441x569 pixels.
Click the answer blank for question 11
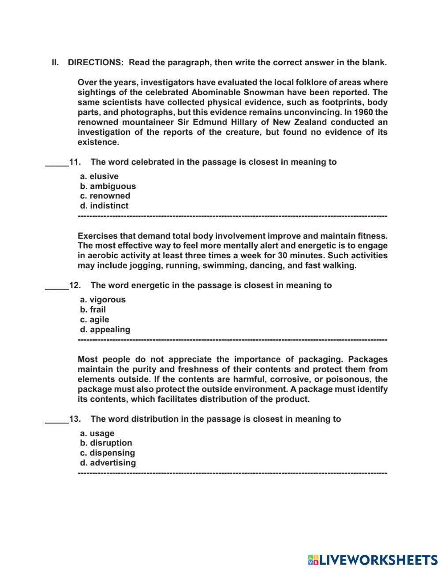[x=57, y=163]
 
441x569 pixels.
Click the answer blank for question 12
[x=57, y=286]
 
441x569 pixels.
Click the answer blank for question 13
[x=57, y=420]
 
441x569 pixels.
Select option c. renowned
[x=105, y=196]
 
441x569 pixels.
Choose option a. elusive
[x=99, y=176]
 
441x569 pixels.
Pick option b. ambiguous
[x=108, y=186]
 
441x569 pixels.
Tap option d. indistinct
[x=104, y=206]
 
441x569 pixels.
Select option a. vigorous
[x=103, y=300]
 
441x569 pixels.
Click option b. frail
[x=93, y=309]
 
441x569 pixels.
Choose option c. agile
[x=94, y=320]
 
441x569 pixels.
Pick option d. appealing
[x=105, y=329]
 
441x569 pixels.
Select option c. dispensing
[x=108, y=453]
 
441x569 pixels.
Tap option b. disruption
[x=106, y=443]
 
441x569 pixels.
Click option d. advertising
[x=108, y=463]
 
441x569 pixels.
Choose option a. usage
[x=97, y=433]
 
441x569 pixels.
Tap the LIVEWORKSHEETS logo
[x=373, y=559]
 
